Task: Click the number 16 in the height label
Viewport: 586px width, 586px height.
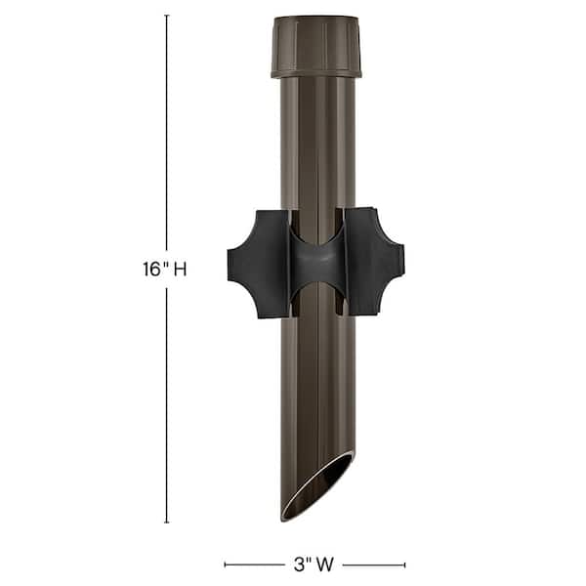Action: click(x=152, y=270)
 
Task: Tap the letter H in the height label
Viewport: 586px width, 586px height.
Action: click(x=180, y=270)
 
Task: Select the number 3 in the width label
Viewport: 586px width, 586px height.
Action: click(x=294, y=564)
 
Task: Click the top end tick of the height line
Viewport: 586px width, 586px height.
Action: click(x=166, y=16)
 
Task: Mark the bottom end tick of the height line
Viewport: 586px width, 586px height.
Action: click(x=166, y=523)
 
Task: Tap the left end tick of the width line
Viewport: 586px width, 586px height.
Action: click(x=226, y=564)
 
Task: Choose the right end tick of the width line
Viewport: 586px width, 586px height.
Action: click(x=404, y=564)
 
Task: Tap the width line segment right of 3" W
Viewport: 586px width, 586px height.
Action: click(x=373, y=564)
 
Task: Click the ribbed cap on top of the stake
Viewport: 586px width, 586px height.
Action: click(x=315, y=47)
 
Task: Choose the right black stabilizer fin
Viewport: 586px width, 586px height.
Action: click(x=373, y=263)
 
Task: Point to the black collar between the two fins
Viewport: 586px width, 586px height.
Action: click(x=315, y=263)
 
